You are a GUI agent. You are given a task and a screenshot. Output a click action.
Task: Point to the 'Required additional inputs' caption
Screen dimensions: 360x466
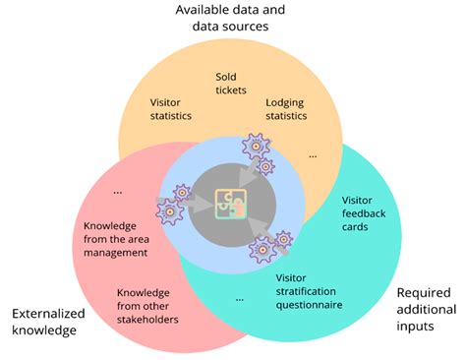[x=426, y=309]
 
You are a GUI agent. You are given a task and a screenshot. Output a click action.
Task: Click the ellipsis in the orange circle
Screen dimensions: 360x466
[x=313, y=154]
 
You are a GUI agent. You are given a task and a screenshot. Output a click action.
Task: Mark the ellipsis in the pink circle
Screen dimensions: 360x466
[x=119, y=190]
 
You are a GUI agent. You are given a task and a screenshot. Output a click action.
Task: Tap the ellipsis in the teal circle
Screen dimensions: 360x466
[x=240, y=295]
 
